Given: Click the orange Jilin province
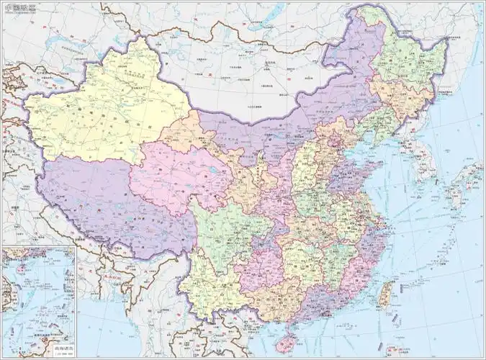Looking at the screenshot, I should click(403, 101).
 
